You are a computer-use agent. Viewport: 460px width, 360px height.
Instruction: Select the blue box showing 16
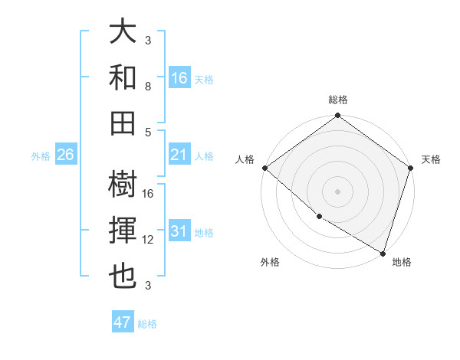(x=179, y=77)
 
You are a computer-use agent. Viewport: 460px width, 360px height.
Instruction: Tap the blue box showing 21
(x=179, y=155)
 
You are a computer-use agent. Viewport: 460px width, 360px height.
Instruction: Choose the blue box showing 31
(x=179, y=231)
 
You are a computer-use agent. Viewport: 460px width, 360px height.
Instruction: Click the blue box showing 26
(x=65, y=155)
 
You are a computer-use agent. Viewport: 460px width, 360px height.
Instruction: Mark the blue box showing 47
(x=123, y=322)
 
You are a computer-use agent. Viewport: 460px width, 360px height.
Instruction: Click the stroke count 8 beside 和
(x=148, y=87)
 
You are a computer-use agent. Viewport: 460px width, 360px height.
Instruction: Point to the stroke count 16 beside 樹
(x=148, y=194)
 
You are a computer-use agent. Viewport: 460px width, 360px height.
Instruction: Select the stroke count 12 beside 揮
(x=148, y=240)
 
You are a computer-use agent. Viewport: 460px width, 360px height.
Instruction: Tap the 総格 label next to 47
(x=147, y=324)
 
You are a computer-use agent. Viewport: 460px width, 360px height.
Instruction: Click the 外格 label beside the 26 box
(x=41, y=155)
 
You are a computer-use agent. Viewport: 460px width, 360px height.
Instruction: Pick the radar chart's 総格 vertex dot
(x=338, y=116)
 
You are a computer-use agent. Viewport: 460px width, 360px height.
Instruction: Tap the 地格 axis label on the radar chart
(x=402, y=262)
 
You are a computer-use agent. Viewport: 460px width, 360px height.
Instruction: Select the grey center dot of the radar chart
(x=338, y=191)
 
